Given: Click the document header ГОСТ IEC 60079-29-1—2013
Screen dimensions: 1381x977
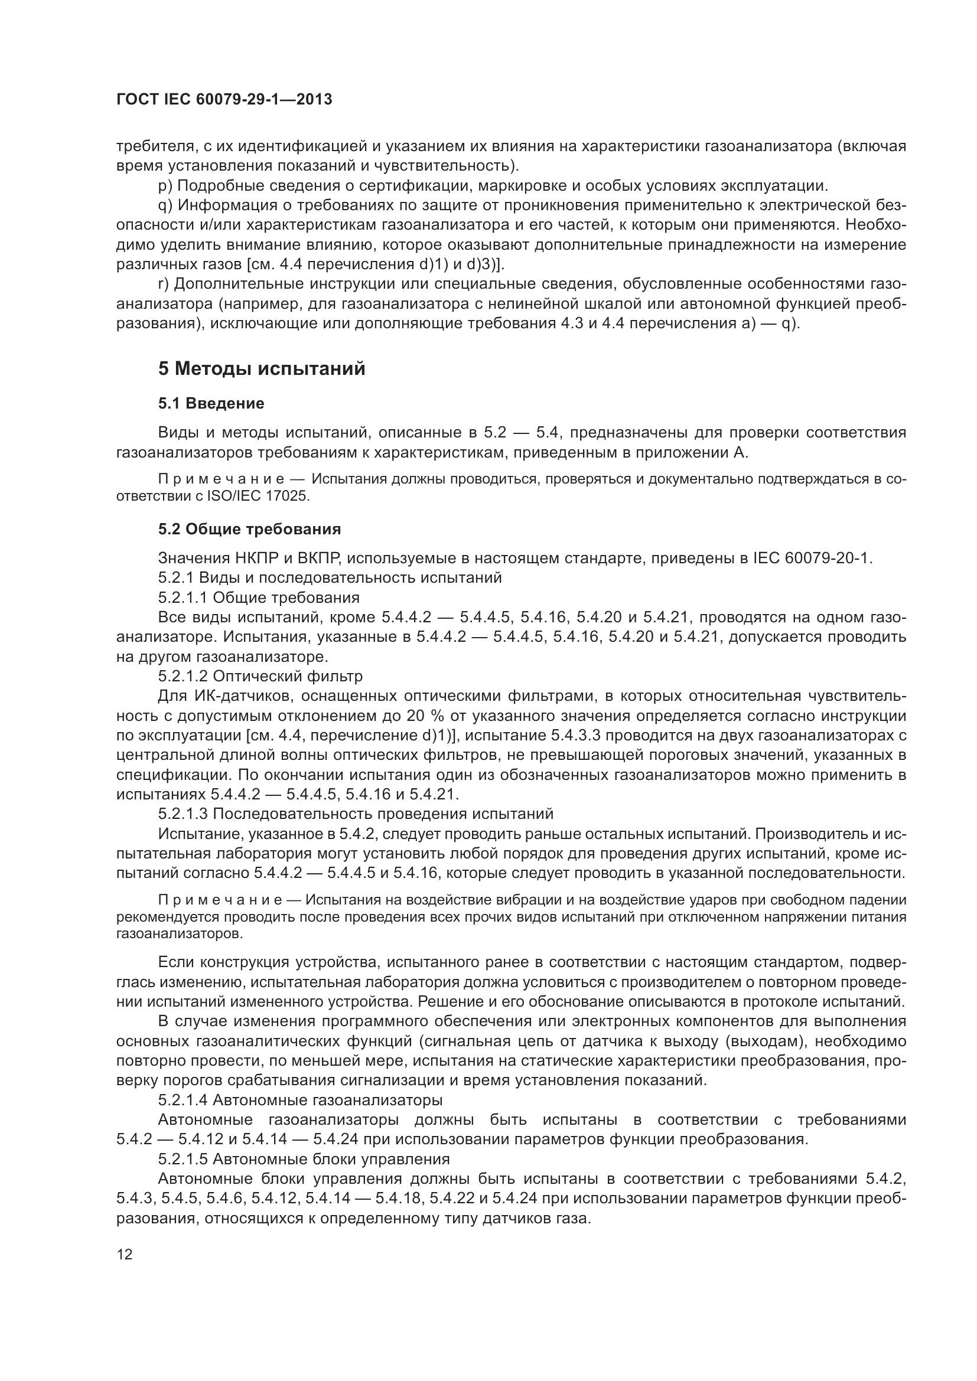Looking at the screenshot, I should click(224, 100).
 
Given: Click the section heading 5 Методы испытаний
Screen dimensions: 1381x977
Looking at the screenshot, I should click(262, 368).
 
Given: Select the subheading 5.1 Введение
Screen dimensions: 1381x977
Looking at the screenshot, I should click(211, 403).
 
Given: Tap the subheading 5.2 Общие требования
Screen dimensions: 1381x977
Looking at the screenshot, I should click(250, 528).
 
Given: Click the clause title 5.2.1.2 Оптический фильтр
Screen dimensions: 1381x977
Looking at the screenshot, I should click(260, 676).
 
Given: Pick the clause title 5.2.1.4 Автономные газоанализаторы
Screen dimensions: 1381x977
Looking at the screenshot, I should click(300, 1099).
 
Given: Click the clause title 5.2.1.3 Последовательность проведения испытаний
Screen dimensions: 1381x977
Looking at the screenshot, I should click(356, 814).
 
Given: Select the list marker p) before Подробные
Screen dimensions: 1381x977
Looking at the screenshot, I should click(165, 185).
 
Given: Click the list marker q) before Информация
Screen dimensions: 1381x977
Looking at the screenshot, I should click(165, 205).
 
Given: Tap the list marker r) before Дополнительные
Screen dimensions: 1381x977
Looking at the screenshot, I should click(164, 284).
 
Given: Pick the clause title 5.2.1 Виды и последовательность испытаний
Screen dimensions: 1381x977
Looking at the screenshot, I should click(330, 578).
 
